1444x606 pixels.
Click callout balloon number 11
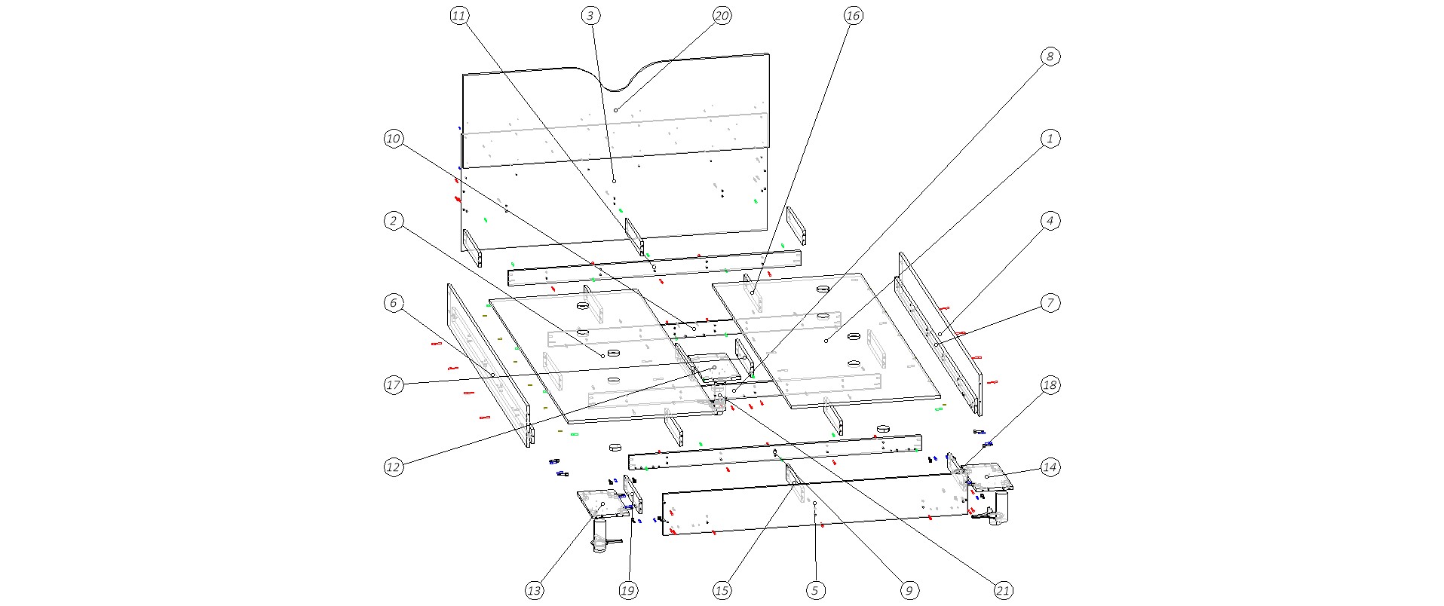coord(459,16)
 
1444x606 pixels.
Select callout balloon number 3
coord(590,16)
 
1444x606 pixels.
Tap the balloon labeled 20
coord(722,16)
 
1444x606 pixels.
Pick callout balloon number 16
coord(853,16)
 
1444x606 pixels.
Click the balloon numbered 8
coord(1050,57)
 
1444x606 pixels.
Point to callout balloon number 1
coord(1050,139)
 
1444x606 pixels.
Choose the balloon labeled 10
coord(393,139)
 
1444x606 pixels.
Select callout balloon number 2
coord(393,221)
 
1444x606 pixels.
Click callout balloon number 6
coord(393,303)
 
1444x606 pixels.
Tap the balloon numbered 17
coord(393,385)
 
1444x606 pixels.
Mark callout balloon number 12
coord(393,467)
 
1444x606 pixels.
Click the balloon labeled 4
coord(1050,221)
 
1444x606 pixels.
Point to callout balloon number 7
coord(1050,303)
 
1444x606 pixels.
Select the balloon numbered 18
coord(1050,385)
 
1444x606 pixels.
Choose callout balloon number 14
coord(1050,467)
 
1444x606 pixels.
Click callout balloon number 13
coord(534,591)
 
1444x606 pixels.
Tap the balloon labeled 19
coord(627,591)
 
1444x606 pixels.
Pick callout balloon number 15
coord(722,591)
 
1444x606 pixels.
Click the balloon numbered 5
coord(815,591)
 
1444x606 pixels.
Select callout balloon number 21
coord(1003,591)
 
